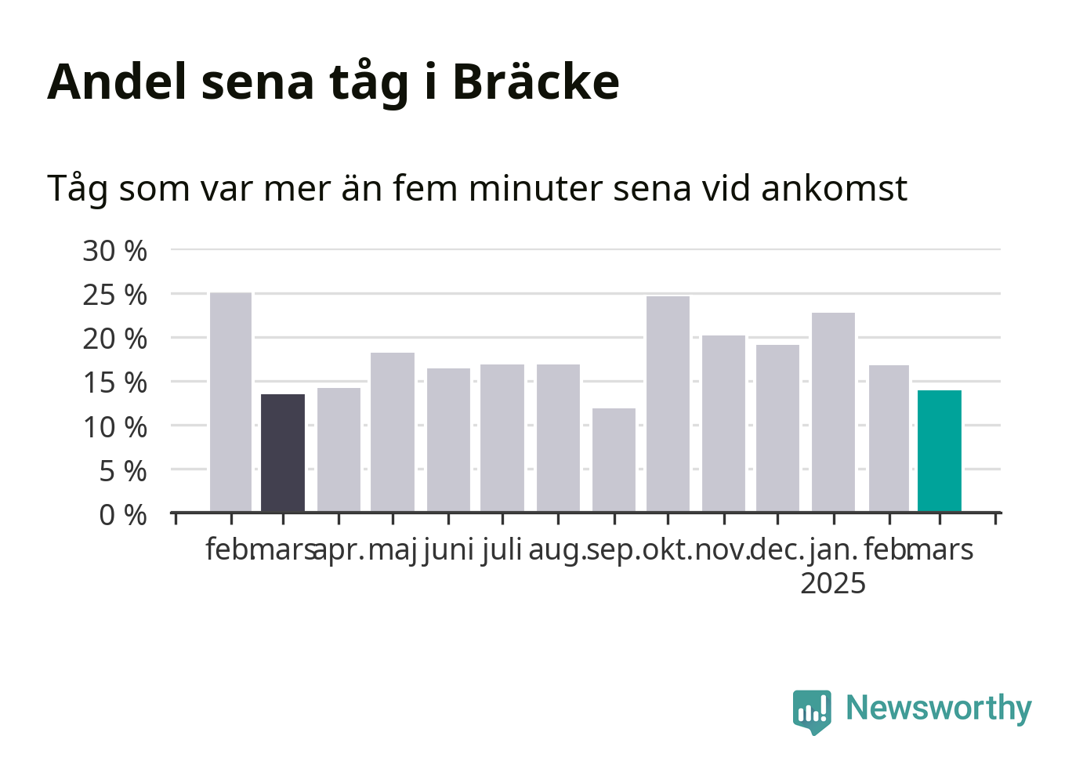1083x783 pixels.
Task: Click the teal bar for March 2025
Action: click(x=940, y=451)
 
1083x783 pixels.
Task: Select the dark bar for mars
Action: click(x=283, y=453)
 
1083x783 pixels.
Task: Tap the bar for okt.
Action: click(x=668, y=404)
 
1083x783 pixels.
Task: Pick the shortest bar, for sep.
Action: click(x=614, y=460)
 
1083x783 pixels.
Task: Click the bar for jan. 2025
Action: click(x=834, y=412)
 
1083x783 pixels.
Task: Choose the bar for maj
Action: click(x=393, y=432)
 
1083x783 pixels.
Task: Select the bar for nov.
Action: click(x=724, y=423)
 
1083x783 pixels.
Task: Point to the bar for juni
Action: click(x=449, y=440)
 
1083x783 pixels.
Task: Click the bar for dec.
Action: click(x=778, y=428)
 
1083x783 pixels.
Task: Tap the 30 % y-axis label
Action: click(x=114, y=251)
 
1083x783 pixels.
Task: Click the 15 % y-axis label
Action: click(x=114, y=383)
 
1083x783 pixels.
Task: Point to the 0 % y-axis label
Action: click(x=123, y=515)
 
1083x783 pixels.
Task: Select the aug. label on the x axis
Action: click(x=557, y=551)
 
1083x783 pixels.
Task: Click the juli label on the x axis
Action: click(x=502, y=549)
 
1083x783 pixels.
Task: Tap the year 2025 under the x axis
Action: click(x=833, y=583)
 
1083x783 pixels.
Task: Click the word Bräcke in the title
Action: click(x=536, y=82)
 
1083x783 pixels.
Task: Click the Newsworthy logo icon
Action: click(x=812, y=712)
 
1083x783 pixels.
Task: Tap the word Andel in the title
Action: click(x=117, y=82)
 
